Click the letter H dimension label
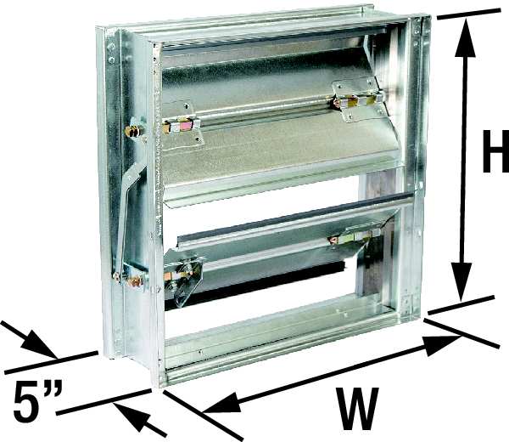(495, 151)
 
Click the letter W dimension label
(357, 408)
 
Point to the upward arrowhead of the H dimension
(465, 37)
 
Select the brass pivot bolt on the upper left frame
(134, 132)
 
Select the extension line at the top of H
(469, 14)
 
